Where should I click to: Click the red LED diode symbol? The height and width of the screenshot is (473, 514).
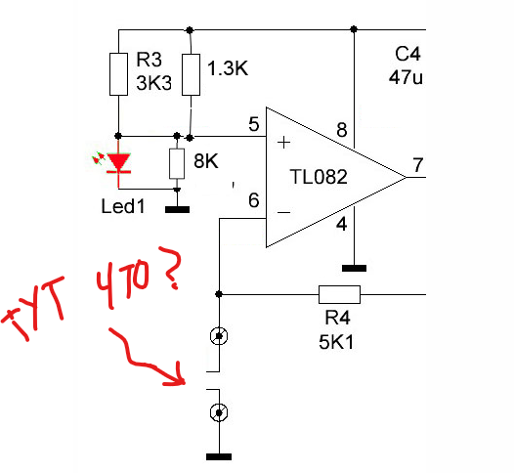(x=118, y=163)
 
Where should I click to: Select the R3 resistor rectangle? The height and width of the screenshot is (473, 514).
(x=118, y=74)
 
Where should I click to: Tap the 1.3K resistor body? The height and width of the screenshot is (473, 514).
(x=192, y=74)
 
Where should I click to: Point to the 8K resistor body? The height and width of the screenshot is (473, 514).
(x=177, y=163)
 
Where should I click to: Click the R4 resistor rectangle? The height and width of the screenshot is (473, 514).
(x=340, y=294)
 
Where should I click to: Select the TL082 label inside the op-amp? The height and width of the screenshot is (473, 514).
(x=319, y=177)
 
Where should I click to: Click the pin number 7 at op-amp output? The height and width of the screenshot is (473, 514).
(x=417, y=165)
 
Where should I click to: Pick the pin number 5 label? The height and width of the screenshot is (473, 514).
(x=254, y=124)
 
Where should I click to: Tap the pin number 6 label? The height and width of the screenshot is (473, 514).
(x=254, y=200)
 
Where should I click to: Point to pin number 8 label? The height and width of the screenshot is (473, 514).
(x=342, y=130)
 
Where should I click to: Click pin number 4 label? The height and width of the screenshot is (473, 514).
(x=342, y=225)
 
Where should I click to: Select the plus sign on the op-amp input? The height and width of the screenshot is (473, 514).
(x=284, y=143)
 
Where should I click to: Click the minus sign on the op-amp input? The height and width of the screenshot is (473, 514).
(x=284, y=213)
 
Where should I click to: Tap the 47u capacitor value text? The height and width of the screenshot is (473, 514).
(x=406, y=77)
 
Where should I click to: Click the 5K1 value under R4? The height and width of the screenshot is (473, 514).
(x=336, y=343)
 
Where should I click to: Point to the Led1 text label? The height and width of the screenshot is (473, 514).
(x=123, y=206)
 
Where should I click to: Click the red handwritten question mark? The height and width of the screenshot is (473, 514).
(x=170, y=268)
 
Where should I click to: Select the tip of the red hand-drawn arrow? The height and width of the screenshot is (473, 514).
(x=185, y=382)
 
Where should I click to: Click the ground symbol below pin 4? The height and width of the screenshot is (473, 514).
(x=354, y=269)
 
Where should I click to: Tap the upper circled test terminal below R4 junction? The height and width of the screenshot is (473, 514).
(x=219, y=336)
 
